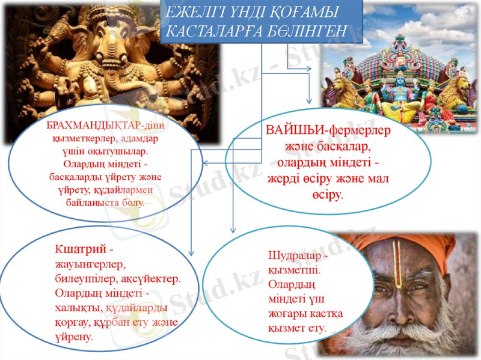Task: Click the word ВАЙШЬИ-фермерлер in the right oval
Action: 328,130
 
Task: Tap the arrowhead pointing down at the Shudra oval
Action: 233,229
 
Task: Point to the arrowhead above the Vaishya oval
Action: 310,101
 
